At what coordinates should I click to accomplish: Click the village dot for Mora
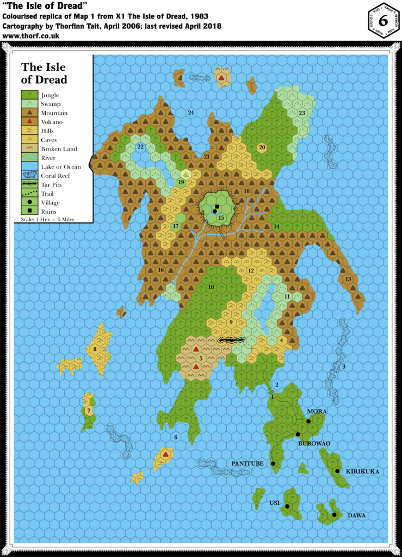308,421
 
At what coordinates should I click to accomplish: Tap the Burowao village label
314,444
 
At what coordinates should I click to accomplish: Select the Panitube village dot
273,463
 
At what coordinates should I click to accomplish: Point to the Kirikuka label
362,472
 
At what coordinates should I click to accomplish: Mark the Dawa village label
356,515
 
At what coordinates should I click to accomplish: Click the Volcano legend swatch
29,122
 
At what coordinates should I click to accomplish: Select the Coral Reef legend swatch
29,176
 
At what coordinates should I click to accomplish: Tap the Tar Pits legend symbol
29,184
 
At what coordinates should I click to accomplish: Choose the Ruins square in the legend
29,211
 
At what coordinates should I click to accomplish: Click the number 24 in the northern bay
191,113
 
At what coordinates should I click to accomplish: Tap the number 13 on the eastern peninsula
348,279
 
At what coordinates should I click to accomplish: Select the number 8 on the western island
95,349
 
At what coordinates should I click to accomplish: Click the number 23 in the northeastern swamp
302,113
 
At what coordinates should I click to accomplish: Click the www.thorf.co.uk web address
31,36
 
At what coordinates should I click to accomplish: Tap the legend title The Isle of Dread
44,73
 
